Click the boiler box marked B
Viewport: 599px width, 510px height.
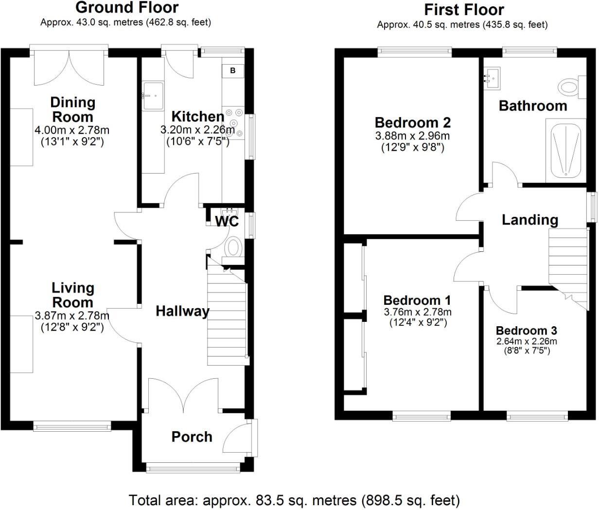coord(233,70)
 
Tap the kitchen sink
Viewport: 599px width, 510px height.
coord(153,96)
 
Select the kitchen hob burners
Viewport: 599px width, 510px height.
coord(233,122)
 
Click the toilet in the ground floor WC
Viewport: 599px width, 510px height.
coord(233,248)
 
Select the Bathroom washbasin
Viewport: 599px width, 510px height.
coord(493,78)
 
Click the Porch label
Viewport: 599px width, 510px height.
coord(192,437)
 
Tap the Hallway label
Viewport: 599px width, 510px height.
coord(183,311)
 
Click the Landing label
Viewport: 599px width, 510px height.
coord(530,220)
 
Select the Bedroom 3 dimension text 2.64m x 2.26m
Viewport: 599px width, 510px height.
coord(527,341)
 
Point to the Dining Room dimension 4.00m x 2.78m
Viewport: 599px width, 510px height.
coord(72,130)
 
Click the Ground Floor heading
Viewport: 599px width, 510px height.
coord(127,8)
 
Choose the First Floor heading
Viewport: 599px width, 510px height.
coord(464,10)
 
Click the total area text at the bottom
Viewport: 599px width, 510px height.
coord(294,500)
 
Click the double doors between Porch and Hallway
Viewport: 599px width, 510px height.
coord(183,395)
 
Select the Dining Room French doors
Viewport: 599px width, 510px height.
coord(69,66)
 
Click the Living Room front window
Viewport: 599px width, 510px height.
coord(72,426)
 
